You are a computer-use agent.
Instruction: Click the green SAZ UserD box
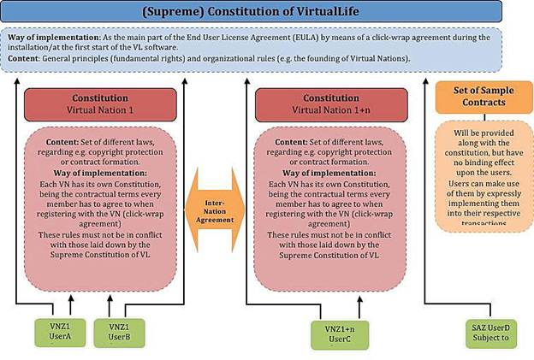pyautogui.click(x=491, y=332)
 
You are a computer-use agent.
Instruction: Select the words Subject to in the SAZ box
pyautogui.click(x=491, y=338)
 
